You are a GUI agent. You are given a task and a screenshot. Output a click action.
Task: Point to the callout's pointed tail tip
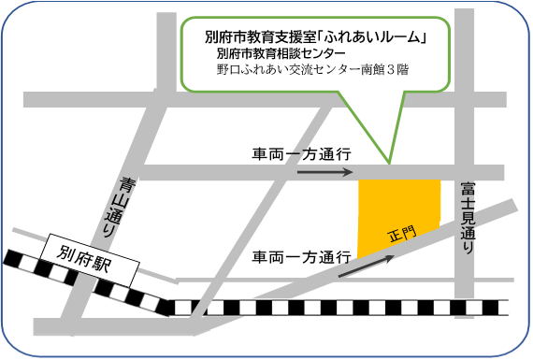[x=389, y=161]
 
